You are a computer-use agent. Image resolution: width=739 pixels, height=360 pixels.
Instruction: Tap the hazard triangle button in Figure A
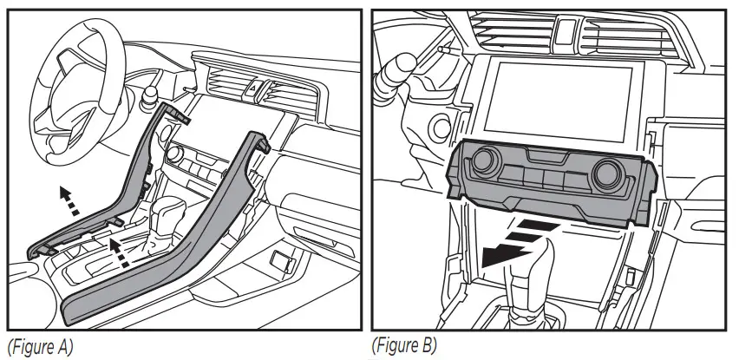point(256,86)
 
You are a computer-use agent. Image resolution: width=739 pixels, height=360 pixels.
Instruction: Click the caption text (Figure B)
point(405,344)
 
